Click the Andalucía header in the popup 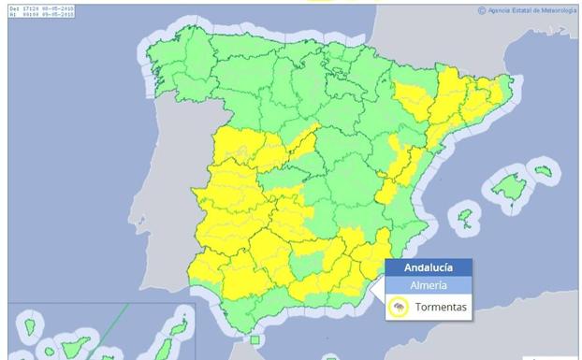coord(429,266)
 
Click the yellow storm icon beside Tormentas coord(399,307)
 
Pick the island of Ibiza coord(464,218)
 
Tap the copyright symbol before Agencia coord(482,10)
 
